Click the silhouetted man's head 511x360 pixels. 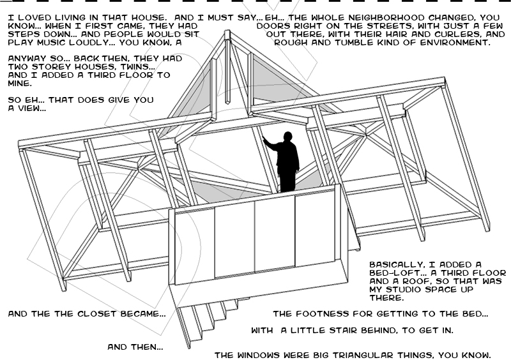[x=287, y=136]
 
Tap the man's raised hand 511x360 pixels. [x=264, y=139]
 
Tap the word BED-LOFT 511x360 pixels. [x=397, y=273]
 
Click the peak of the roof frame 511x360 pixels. [x=227, y=32]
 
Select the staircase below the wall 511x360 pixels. [x=209, y=321]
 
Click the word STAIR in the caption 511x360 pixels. [x=342, y=331]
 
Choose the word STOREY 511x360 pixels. [x=52, y=67]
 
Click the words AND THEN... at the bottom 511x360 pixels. [x=135, y=347]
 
